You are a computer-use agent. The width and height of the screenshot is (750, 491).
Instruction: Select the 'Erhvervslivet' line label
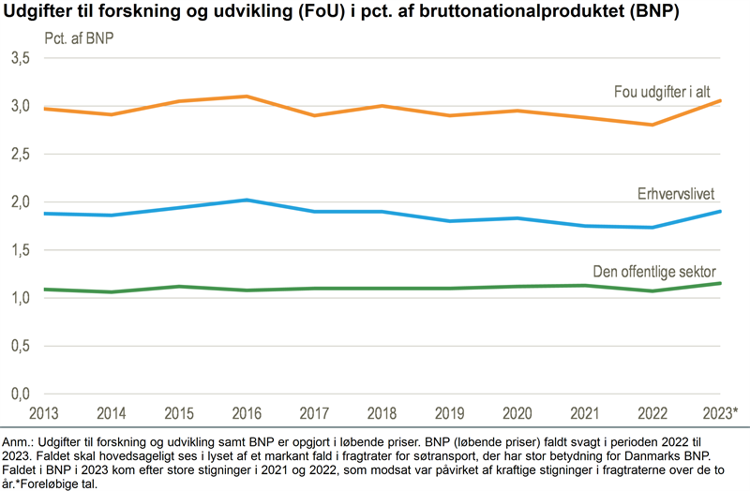673,194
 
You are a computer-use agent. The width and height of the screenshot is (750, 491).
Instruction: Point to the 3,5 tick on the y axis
20,58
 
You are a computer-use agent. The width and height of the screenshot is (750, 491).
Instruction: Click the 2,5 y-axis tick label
20,154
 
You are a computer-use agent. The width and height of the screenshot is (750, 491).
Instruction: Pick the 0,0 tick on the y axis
20,394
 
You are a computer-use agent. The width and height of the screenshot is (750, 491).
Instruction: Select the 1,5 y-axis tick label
20,250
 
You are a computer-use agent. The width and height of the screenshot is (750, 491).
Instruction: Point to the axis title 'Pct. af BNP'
80,39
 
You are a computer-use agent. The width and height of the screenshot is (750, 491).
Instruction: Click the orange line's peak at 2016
247,97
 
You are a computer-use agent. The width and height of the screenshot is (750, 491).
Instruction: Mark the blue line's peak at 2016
247,200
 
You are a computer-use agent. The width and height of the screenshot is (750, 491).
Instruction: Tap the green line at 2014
112,291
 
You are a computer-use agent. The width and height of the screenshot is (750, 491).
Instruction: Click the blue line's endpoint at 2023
720,211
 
